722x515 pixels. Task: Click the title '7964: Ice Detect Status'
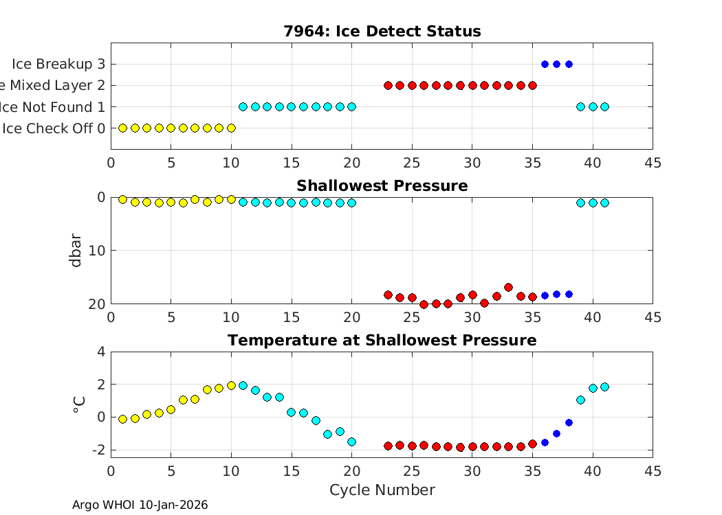click(x=382, y=32)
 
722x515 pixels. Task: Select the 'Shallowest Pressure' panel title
click(x=382, y=186)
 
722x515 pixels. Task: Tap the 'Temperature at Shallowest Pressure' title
click(x=382, y=341)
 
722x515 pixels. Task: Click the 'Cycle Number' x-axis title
click(x=382, y=490)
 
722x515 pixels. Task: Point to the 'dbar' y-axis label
click(x=77, y=251)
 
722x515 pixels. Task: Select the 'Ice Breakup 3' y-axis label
click(x=58, y=64)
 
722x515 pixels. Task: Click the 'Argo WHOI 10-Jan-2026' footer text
click(x=140, y=505)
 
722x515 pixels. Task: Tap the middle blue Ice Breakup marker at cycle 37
click(x=556, y=64)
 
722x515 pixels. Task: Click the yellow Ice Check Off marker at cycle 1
click(x=123, y=128)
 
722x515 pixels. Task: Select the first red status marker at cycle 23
click(x=388, y=85)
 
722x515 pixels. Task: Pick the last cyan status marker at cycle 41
click(x=604, y=106)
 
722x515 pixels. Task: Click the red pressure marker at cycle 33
click(x=508, y=287)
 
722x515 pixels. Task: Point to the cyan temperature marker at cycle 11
click(x=243, y=385)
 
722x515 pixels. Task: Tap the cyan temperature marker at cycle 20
click(x=351, y=442)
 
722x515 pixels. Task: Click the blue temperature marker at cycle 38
click(x=569, y=422)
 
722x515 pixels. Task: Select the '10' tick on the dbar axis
click(x=98, y=251)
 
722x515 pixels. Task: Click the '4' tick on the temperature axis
click(x=101, y=352)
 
